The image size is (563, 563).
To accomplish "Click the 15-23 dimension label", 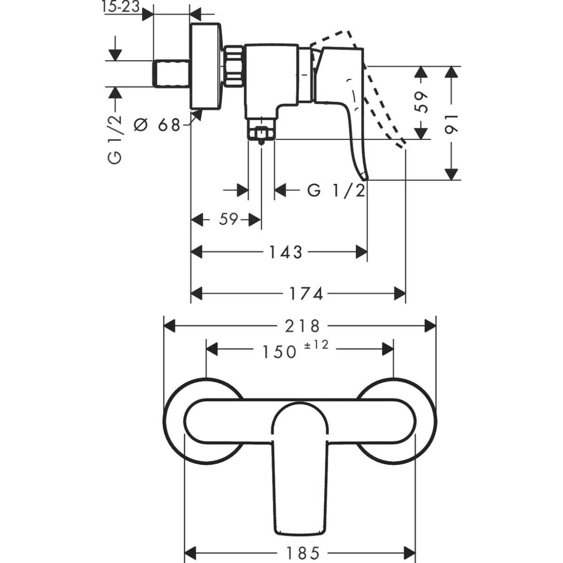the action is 120,6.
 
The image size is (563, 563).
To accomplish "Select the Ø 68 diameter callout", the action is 157,124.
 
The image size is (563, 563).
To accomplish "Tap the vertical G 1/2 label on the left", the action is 115,140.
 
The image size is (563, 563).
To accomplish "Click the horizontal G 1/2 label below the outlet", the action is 336,190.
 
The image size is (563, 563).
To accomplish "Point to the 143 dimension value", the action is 286,252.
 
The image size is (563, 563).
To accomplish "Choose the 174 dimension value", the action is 306,294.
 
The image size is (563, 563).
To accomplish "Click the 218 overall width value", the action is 302,326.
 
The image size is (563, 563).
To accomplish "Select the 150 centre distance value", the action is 280,352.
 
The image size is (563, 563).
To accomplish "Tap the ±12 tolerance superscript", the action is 316,345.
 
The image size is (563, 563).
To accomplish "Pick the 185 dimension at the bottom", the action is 303,553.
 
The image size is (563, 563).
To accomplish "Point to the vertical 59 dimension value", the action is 421,102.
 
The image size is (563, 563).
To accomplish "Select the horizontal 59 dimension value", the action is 229,219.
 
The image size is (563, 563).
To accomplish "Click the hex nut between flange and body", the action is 234,66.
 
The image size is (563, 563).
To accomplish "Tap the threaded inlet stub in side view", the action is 171,73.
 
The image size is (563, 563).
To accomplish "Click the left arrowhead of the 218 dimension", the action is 169,326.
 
